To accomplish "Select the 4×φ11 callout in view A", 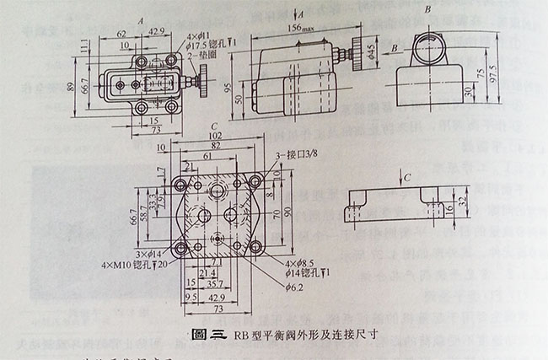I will [204, 34].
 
